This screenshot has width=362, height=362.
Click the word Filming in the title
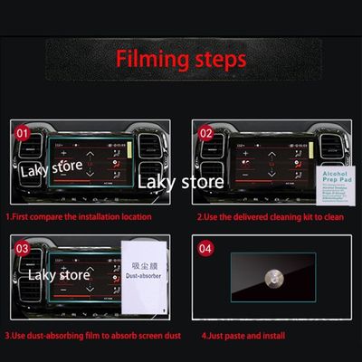(x=149, y=60)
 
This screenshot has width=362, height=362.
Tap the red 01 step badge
(x=23, y=132)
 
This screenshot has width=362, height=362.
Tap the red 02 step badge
(x=207, y=132)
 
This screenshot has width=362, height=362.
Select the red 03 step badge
(x=23, y=247)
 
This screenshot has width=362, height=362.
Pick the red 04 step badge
(x=207, y=247)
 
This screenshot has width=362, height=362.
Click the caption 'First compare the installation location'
(x=79, y=217)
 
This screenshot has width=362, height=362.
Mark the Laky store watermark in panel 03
(x=59, y=273)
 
